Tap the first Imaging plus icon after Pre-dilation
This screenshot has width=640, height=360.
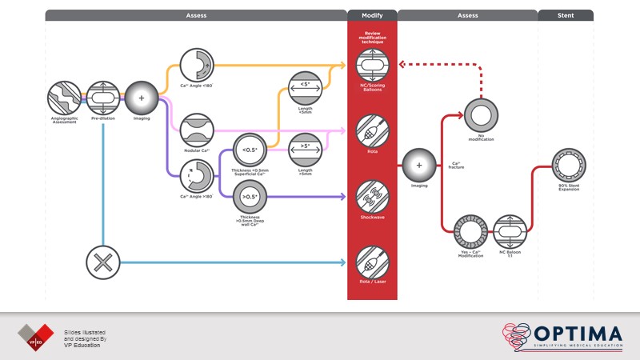[142, 98]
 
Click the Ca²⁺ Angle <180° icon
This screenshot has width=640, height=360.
[195, 64]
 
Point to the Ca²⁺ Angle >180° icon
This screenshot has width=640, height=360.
[195, 175]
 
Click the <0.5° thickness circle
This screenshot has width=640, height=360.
[249, 150]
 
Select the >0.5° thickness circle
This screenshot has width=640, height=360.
[249, 197]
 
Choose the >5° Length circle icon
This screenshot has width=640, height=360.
[304, 150]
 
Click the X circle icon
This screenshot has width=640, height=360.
[103, 262]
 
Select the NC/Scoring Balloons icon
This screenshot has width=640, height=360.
[372, 65]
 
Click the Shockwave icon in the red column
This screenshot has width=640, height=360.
[372, 194]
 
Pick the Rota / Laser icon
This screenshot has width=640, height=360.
[372, 262]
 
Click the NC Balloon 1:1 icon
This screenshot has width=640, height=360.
[510, 233]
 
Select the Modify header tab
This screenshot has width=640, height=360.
[372, 15]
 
